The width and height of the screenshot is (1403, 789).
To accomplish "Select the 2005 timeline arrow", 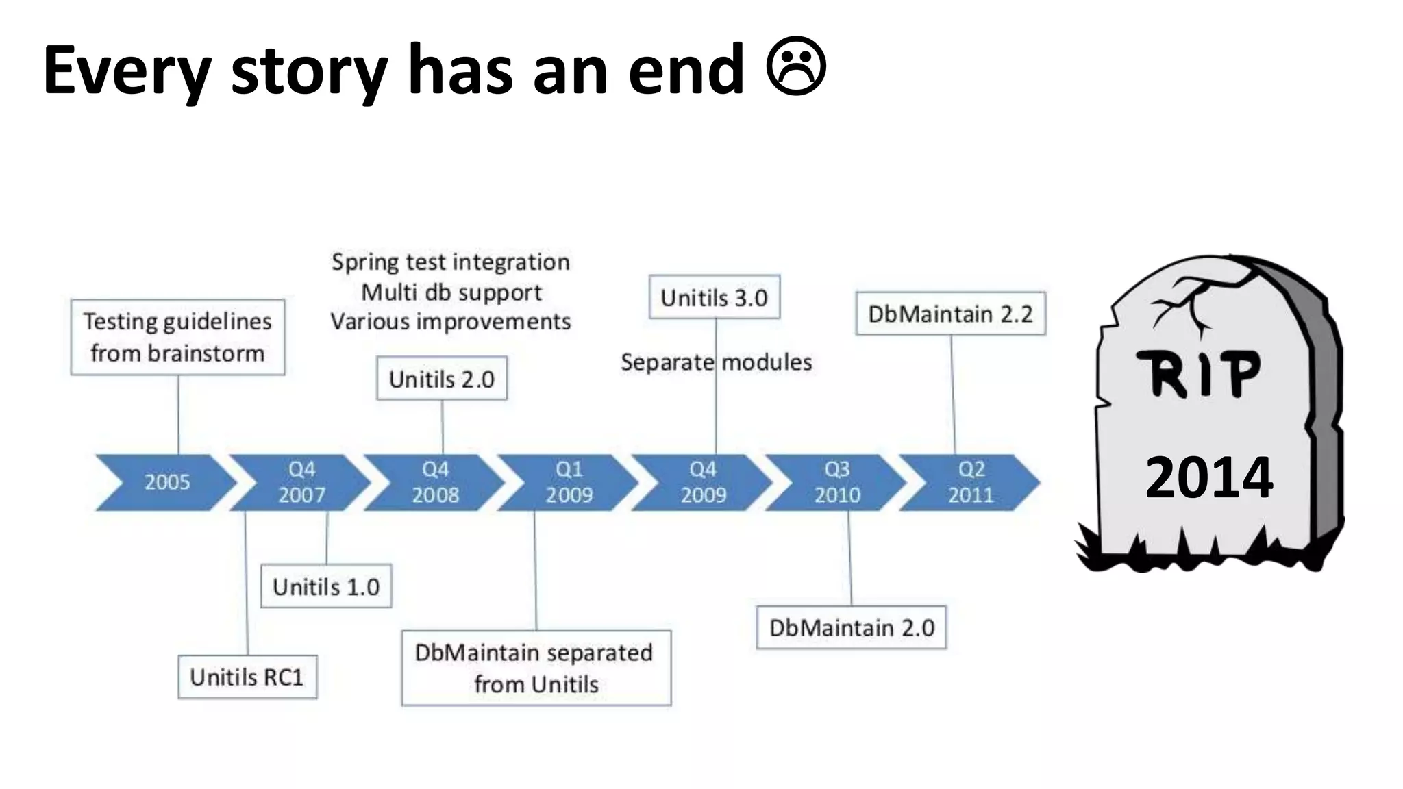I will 166,482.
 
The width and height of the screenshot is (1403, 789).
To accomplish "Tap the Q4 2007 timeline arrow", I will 301,482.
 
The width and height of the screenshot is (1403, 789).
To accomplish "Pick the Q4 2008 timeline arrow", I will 435,482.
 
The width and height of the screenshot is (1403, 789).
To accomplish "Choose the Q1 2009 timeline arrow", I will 569,482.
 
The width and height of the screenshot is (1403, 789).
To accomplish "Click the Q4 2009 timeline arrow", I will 703,482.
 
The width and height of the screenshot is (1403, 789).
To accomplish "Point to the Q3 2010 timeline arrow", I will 836,482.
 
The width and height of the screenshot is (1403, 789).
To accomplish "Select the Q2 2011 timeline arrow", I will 971,482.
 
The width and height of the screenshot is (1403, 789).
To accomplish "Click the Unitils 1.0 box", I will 326,586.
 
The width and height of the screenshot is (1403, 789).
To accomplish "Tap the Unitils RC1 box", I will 247,677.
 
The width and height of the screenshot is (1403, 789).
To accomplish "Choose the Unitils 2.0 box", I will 442,378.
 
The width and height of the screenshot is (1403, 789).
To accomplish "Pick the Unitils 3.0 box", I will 714,297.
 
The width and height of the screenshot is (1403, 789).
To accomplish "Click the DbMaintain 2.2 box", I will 950,314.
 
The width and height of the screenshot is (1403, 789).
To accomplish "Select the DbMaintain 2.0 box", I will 852,627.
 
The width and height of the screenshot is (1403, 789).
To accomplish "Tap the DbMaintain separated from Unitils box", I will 536,668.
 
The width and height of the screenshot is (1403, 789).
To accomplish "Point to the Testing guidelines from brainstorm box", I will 177,337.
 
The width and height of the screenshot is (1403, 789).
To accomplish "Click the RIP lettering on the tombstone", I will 1199,374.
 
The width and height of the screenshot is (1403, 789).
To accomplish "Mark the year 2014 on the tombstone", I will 1209,477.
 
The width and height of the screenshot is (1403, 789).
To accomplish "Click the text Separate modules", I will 716,362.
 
